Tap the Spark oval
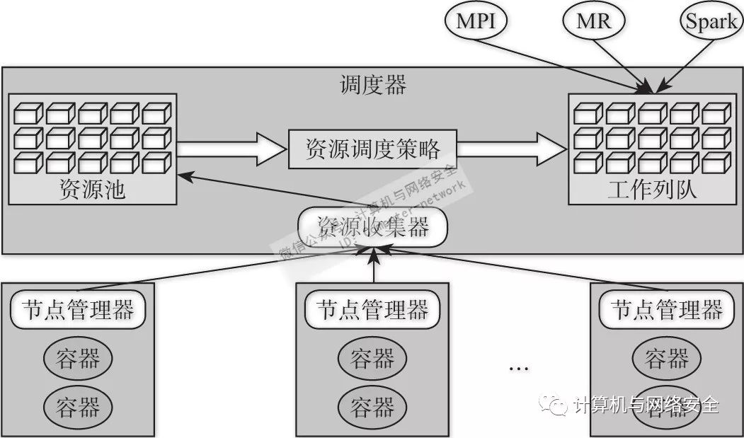click(x=711, y=21)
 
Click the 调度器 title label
click(x=373, y=85)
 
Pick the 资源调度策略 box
click(x=373, y=149)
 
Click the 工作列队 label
click(x=651, y=190)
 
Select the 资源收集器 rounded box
click(x=373, y=226)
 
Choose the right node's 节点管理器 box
click(x=667, y=310)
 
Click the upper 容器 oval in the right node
click(x=667, y=359)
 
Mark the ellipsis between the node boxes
click(x=519, y=369)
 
